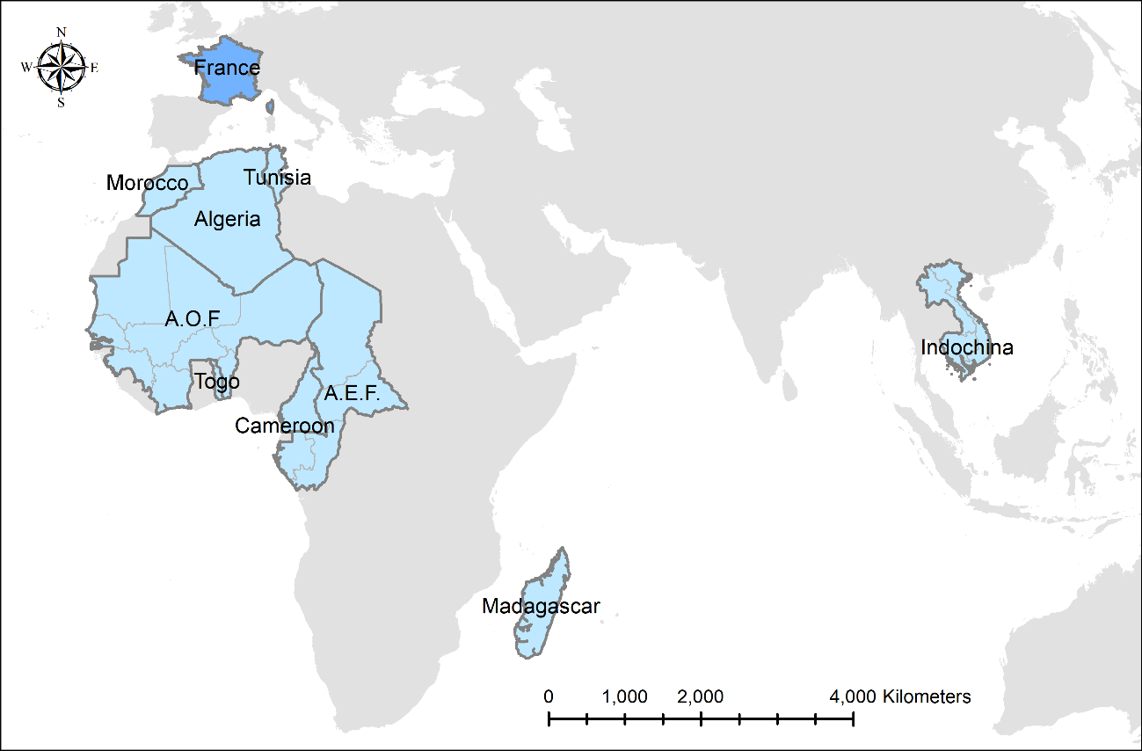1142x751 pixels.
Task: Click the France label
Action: pyautogui.click(x=227, y=69)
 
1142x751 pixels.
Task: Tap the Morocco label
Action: pyautogui.click(x=147, y=183)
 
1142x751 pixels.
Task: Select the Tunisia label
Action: pyautogui.click(x=277, y=178)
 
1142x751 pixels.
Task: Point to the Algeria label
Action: pyautogui.click(x=228, y=219)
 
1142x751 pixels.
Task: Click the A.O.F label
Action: pyautogui.click(x=192, y=319)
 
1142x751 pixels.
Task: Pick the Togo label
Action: pyautogui.click(x=216, y=382)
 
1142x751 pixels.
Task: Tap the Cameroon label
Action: pyautogui.click(x=284, y=427)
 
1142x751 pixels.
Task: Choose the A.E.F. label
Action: pyautogui.click(x=352, y=394)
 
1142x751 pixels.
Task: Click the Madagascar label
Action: pyautogui.click(x=541, y=607)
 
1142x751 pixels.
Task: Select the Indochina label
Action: pyautogui.click(x=966, y=347)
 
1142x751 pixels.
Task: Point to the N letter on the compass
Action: pyautogui.click(x=61, y=33)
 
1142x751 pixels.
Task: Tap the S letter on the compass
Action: pyautogui.click(x=61, y=102)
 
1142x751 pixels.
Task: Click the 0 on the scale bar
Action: pyautogui.click(x=549, y=697)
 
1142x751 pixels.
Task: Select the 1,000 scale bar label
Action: pyautogui.click(x=625, y=697)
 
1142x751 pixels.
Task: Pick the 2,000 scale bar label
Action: pyautogui.click(x=701, y=697)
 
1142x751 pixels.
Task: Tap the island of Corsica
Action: pyautogui.click(x=270, y=106)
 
